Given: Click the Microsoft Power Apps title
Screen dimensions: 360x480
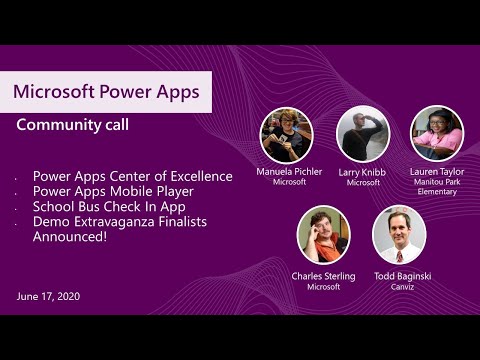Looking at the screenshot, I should point(106,92).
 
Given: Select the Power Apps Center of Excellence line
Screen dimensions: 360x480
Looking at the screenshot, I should point(132,177).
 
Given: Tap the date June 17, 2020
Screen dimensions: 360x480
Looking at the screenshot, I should point(49,296).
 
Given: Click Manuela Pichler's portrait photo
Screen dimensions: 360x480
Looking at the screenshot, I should point(287,135).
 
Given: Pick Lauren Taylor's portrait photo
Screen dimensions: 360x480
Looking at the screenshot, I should point(437,133).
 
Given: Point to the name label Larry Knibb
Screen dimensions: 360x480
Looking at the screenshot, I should point(362,172).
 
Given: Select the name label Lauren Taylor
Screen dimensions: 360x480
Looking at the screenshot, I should point(437,172).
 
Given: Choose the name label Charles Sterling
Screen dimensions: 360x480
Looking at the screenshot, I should point(323,275).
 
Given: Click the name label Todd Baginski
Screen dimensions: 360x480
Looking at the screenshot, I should point(399,275).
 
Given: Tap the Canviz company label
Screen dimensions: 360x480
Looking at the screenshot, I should point(399,287).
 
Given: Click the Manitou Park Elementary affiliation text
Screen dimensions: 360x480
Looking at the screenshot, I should point(437,187).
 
